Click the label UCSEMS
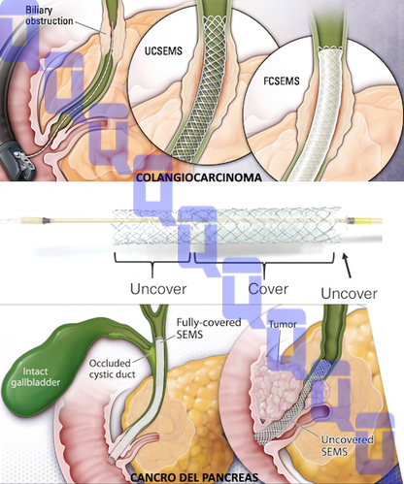coord(163,50)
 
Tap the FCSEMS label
coord(282,81)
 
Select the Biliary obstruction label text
coord(50,16)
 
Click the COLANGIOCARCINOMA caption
coord(199,177)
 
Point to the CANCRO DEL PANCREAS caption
coord(194,477)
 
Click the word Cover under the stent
coord(268,289)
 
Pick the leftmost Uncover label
coord(158,289)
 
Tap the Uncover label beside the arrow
coord(349,294)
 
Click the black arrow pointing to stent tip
coord(347,266)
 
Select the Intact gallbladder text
coord(36,376)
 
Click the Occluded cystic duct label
coord(112,369)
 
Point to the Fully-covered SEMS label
coord(209,328)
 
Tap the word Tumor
coord(283,324)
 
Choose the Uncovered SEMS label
coord(347,445)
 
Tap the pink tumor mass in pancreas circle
coord(275,388)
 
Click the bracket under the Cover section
coord(264,263)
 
